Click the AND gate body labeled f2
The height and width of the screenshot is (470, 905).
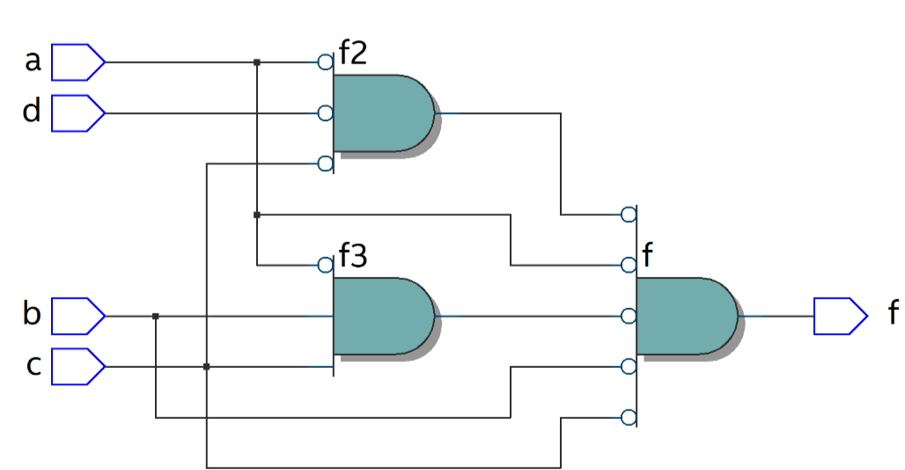(x=383, y=114)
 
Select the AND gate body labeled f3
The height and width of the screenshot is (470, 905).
(x=383, y=316)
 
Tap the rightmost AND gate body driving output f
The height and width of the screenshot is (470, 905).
(x=685, y=316)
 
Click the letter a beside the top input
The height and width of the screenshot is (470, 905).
(x=33, y=62)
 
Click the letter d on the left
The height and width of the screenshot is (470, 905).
(x=33, y=113)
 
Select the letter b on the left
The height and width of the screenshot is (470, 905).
(x=33, y=314)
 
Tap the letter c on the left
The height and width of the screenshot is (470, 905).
(x=33, y=365)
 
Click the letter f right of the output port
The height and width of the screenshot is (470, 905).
(x=892, y=312)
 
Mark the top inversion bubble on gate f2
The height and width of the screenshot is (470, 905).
(x=325, y=62)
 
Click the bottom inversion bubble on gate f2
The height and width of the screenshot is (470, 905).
(x=325, y=164)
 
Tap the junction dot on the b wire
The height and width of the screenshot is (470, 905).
(x=156, y=316)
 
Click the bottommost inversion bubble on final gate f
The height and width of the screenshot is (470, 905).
(x=628, y=417)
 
